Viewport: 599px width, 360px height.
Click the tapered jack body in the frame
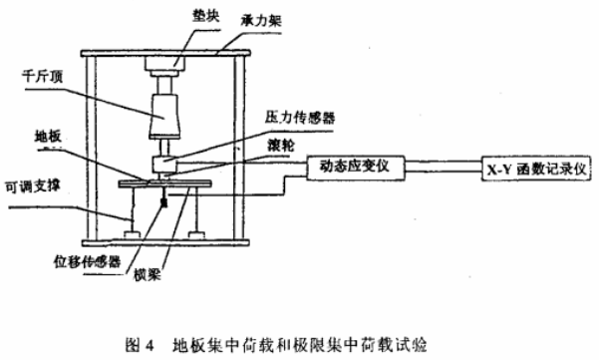165,115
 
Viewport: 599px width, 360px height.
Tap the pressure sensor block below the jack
165,163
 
